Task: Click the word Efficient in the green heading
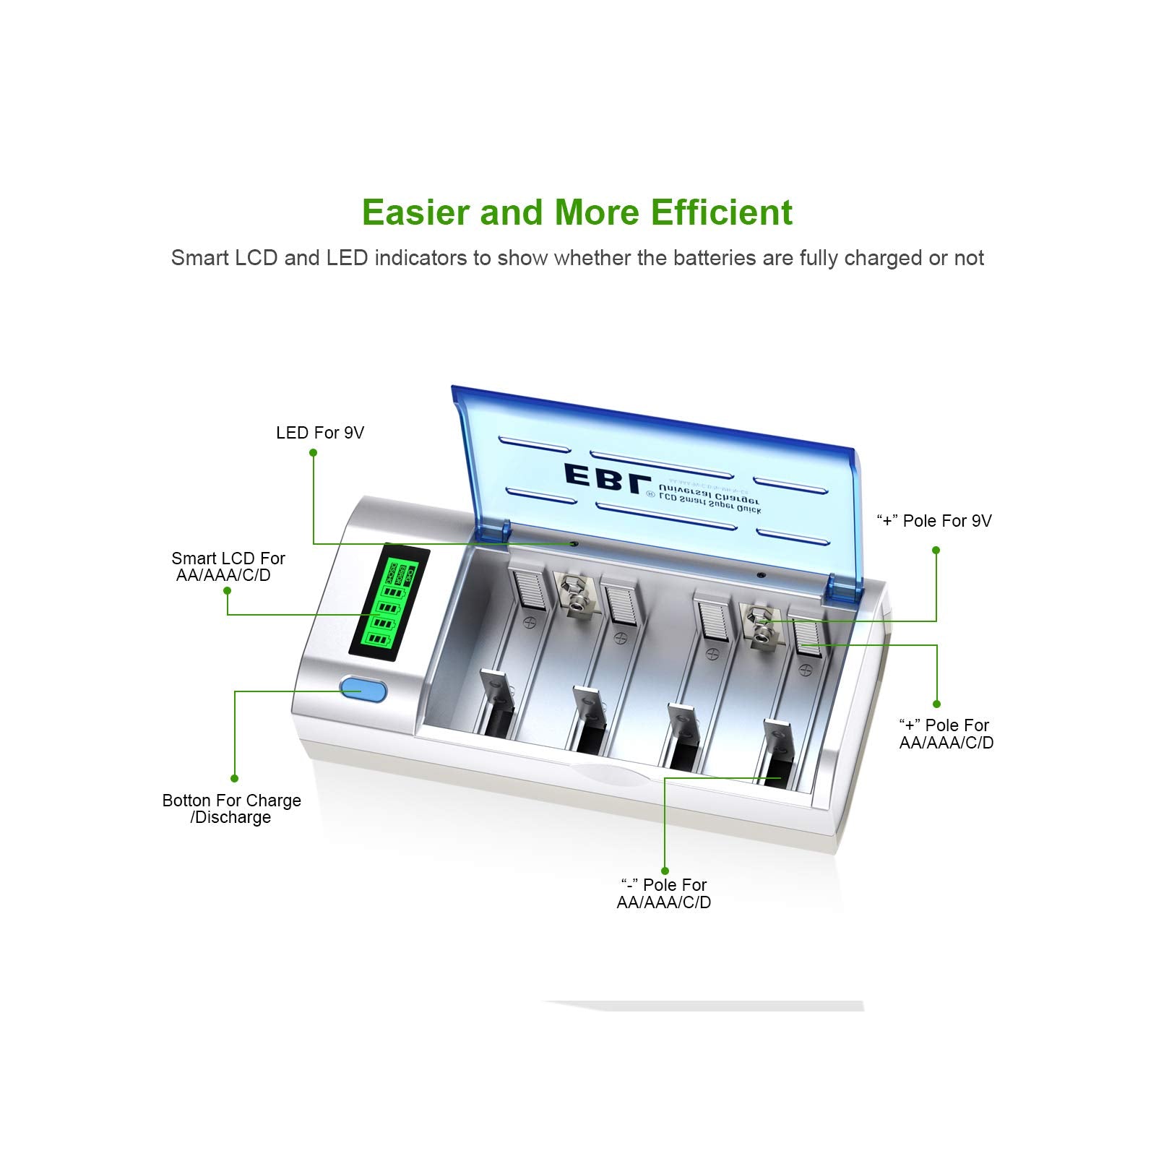(x=721, y=212)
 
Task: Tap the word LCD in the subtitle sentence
(x=256, y=258)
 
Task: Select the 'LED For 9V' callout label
(x=319, y=433)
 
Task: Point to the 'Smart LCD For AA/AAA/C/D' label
(x=228, y=566)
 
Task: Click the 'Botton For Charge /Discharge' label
(x=231, y=808)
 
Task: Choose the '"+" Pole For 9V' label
(x=933, y=521)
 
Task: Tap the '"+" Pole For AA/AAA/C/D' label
(x=946, y=733)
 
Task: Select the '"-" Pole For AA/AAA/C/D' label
(x=663, y=894)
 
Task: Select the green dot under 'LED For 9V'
(x=313, y=453)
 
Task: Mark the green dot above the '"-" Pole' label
(x=665, y=871)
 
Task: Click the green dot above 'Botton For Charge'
(x=234, y=778)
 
